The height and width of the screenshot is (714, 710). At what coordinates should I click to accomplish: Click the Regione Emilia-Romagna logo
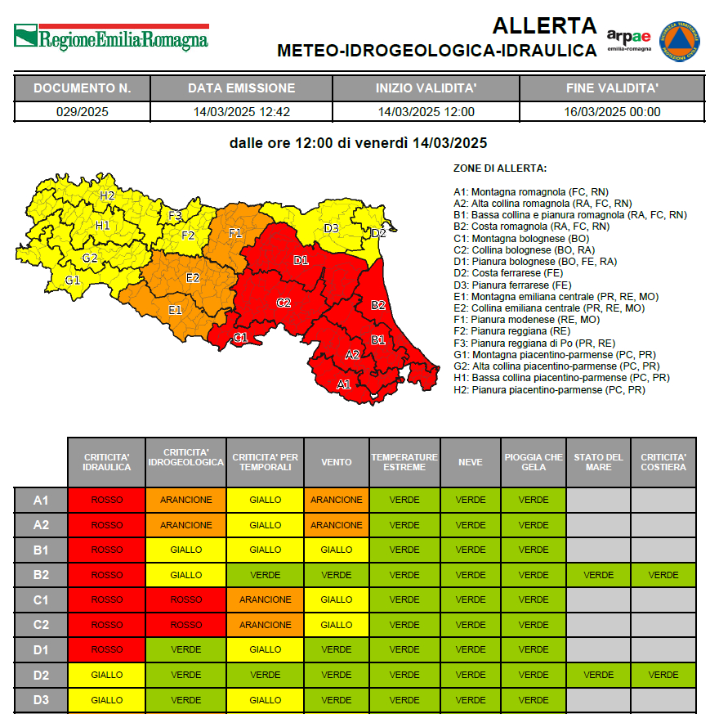click(110, 38)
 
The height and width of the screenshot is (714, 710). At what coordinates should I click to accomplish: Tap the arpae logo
click(628, 39)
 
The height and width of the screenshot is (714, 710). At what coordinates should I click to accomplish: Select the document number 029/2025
click(82, 112)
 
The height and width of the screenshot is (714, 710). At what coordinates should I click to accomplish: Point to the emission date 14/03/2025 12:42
click(241, 112)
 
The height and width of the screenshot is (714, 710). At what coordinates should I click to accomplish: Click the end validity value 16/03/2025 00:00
click(612, 112)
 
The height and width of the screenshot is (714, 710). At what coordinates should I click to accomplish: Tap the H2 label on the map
click(107, 195)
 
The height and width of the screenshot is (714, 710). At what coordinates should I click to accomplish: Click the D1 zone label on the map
click(301, 261)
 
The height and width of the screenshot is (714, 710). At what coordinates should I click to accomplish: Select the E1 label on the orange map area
click(175, 310)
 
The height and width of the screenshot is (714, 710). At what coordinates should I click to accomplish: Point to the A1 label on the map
click(344, 384)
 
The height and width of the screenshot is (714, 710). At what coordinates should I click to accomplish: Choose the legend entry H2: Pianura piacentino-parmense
click(549, 390)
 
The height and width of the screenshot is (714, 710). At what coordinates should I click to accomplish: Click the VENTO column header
click(336, 462)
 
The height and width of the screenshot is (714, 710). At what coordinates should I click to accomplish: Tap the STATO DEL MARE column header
click(597, 462)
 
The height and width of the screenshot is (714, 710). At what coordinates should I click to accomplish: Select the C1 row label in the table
click(40, 599)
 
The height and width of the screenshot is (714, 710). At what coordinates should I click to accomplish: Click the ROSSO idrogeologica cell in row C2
click(186, 625)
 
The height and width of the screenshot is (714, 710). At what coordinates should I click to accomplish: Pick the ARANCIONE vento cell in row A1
click(336, 500)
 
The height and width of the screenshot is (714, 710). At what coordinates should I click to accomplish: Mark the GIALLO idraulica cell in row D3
click(106, 700)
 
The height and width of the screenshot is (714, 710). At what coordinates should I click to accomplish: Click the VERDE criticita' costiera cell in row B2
click(663, 575)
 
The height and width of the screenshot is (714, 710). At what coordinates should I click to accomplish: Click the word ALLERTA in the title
click(544, 25)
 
